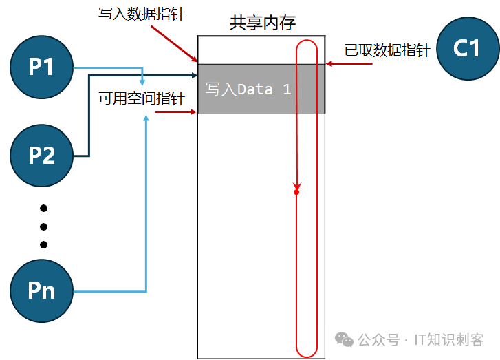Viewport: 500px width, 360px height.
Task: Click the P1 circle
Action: pyautogui.click(x=41, y=67)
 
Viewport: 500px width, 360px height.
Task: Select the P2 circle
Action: pyautogui.click(x=41, y=156)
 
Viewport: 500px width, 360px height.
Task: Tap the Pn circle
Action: pyautogui.click(x=41, y=290)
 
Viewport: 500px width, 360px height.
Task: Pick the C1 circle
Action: pyautogui.click(x=468, y=48)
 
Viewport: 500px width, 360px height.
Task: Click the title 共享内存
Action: pyautogui.click(x=263, y=23)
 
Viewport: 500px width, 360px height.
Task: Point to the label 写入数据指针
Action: pyautogui.click(x=142, y=14)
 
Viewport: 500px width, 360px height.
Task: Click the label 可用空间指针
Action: pyautogui.click(x=142, y=98)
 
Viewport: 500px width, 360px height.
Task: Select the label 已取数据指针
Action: pyautogui.click(x=387, y=50)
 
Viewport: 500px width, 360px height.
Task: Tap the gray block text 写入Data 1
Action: pyautogui.click(x=248, y=89)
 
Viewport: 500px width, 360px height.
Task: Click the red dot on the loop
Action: pyautogui.click(x=296, y=192)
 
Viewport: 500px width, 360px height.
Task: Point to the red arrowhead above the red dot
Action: pyautogui.click(x=297, y=187)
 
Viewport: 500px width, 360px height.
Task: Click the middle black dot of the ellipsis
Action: pyautogui.click(x=44, y=226)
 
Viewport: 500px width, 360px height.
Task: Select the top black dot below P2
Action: pyautogui.click(x=44, y=209)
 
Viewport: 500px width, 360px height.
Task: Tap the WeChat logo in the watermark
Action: pyautogui.click(x=344, y=339)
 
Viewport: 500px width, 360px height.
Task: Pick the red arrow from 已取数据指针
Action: pyautogui.click(x=349, y=64)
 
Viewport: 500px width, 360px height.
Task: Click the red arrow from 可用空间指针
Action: pyautogui.click(x=175, y=112)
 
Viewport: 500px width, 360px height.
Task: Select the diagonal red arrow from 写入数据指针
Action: pyautogui.click(x=174, y=44)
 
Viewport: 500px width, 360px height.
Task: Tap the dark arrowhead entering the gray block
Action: pyautogui.click(x=195, y=75)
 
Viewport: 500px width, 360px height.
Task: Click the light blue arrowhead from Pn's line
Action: pyautogui.click(x=146, y=118)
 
